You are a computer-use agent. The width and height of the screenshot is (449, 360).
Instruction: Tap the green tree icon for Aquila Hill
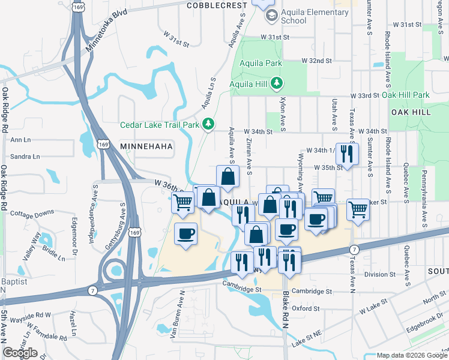(277, 82)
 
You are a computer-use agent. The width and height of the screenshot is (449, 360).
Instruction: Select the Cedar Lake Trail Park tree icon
(208, 124)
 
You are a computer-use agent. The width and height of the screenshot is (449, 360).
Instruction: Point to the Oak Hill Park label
(406, 95)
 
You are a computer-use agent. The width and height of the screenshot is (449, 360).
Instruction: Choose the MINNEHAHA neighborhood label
(146, 146)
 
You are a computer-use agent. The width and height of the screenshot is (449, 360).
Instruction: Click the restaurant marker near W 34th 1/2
(346, 154)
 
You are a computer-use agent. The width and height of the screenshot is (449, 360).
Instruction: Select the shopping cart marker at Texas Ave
(358, 209)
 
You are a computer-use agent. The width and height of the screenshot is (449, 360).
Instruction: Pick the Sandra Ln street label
(25, 157)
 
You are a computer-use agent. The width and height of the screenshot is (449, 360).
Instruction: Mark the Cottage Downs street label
(32, 214)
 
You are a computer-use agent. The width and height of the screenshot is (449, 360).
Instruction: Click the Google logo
(20, 353)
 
